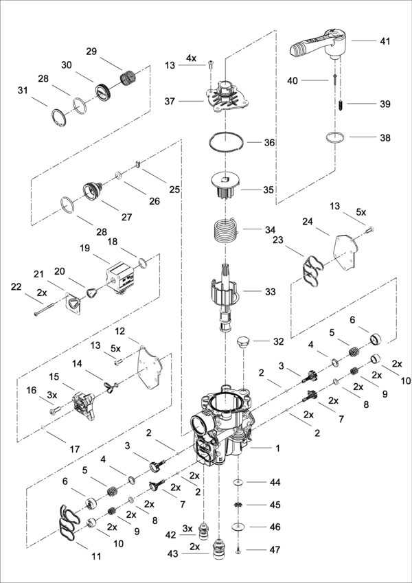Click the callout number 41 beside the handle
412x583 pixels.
coord(385,41)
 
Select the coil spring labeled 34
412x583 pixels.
coord(225,230)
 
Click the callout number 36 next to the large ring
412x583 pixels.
coord(269,143)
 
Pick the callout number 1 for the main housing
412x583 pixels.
coord(277,448)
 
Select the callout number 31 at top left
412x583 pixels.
coord(23,91)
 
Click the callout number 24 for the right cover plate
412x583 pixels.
coord(307,222)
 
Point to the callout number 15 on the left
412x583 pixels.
coord(53,376)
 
